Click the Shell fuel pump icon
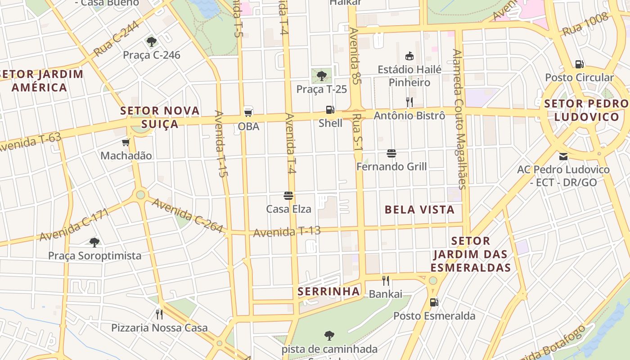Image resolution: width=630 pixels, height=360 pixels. [330, 110]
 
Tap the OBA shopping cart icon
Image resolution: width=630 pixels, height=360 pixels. [248, 112]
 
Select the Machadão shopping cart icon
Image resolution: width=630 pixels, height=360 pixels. [126, 143]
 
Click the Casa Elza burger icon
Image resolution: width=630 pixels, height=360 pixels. [288, 196]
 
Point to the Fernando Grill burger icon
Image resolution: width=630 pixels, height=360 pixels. [391, 153]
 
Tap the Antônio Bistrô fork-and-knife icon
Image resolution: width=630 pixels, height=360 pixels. [409, 102]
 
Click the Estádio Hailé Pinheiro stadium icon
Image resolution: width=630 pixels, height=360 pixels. [409, 56]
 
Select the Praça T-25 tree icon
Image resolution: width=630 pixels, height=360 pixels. [321, 76]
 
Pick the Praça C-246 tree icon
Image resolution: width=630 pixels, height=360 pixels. [152, 42]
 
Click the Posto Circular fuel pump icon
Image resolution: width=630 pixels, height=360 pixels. [579, 64]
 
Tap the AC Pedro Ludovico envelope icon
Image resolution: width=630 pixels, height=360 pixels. [563, 157]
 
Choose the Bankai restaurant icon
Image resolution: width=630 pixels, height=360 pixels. [386, 281]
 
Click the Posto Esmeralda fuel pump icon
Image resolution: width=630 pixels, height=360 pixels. [434, 302]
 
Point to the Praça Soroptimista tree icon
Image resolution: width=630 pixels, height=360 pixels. [94, 243]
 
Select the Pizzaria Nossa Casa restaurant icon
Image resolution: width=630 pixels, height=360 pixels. [159, 314]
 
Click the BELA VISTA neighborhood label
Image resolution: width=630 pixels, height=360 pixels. [419, 210]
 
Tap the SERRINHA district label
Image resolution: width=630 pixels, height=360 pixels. [329, 292]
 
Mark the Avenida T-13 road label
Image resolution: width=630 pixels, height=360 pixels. [287, 232]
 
